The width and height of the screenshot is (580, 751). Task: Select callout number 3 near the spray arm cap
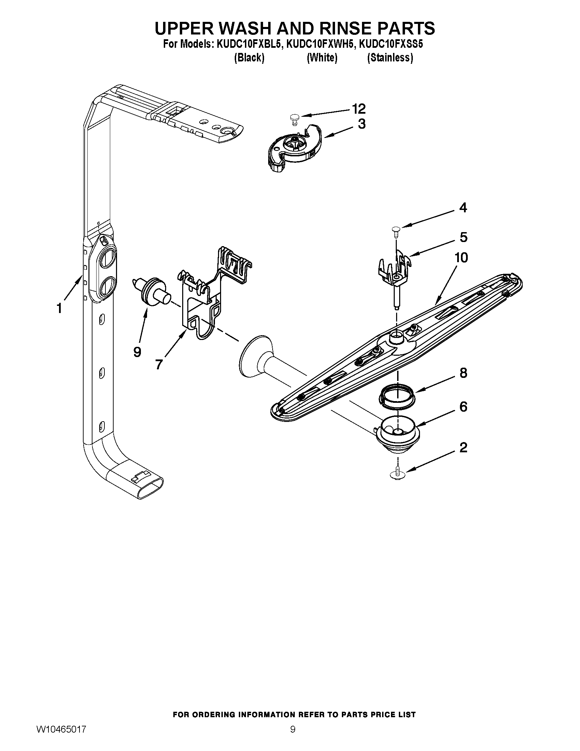coord(361,124)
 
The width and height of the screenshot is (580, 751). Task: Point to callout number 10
coord(461,257)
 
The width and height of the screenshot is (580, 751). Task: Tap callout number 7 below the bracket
coord(158,364)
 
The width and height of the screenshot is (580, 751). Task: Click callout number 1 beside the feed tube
coord(59,308)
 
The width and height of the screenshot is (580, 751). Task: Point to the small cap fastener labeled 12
coord(293,119)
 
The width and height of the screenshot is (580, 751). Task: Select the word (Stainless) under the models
coord(390,58)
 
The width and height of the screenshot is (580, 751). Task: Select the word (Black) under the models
coord(249,58)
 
